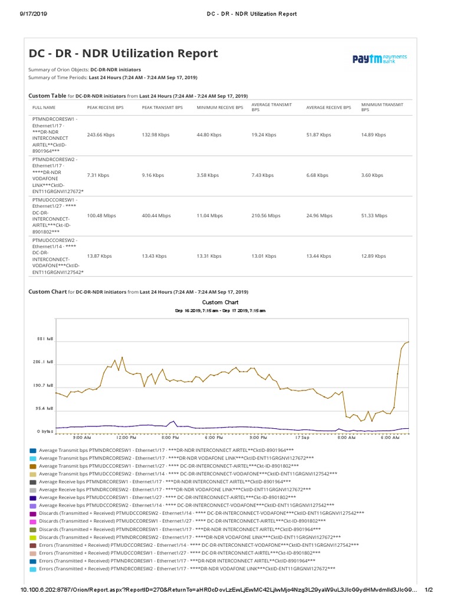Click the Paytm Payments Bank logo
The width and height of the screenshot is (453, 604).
(379, 58)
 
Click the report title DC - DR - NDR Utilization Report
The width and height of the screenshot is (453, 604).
(123, 54)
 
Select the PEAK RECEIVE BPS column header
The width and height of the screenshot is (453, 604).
(106, 108)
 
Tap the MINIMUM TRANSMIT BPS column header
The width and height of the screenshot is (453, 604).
(382, 107)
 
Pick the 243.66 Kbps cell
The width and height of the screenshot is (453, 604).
(101, 135)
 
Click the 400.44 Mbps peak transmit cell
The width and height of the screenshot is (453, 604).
(156, 216)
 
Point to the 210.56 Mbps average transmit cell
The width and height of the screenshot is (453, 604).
(266, 216)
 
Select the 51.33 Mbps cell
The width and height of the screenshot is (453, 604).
(374, 216)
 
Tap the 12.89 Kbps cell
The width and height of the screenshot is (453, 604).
(373, 257)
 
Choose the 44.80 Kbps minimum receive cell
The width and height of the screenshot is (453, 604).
(210, 135)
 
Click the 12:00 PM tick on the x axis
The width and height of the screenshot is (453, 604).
(126, 438)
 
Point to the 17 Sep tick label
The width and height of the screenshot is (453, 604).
(302, 438)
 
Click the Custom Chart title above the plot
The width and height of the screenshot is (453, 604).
(220, 302)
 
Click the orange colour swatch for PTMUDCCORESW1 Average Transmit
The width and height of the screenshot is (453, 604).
(33, 466)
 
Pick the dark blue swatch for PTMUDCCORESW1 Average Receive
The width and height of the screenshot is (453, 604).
(33, 498)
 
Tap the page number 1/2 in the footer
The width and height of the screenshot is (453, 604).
(429, 590)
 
